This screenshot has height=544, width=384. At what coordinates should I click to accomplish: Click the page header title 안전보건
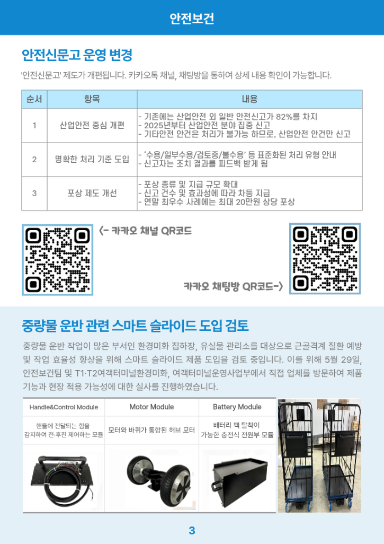pyautogui.click(x=192, y=18)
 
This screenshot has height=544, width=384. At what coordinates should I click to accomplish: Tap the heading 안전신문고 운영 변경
pyautogui.click(x=77, y=55)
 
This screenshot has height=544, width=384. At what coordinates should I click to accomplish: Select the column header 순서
pyautogui.click(x=34, y=99)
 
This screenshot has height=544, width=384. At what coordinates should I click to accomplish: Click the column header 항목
pyautogui.click(x=92, y=99)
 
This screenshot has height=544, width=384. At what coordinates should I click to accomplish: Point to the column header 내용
pyautogui.click(x=249, y=99)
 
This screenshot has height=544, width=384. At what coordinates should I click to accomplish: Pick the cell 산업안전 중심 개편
pyautogui.click(x=92, y=125)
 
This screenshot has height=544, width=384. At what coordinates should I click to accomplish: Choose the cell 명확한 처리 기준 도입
pyautogui.click(x=92, y=159)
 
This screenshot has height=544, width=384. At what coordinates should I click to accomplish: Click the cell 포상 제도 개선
pyautogui.click(x=92, y=193)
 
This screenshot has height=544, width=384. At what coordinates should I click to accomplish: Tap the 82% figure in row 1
pyautogui.click(x=284, y=117)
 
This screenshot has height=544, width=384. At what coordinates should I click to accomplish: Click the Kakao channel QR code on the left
pyautogui.click(x=58, y=260)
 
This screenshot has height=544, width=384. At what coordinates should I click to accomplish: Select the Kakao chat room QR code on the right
pyautogui.click(x=325, y=258)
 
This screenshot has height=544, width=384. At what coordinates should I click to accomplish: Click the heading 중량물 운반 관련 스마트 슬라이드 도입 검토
pyautogui.click(x=135, y=326)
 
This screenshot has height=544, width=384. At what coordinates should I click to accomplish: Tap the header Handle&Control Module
pyautogui.click(x=64, y=407)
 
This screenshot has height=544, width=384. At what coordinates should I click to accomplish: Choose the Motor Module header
pyautogui.click(x=152, y=407)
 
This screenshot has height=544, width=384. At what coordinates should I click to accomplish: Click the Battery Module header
pyautogui.click(x=237, y=407)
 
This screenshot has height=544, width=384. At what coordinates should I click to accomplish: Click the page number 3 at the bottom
pyautogui.click(x=192, y=530)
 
